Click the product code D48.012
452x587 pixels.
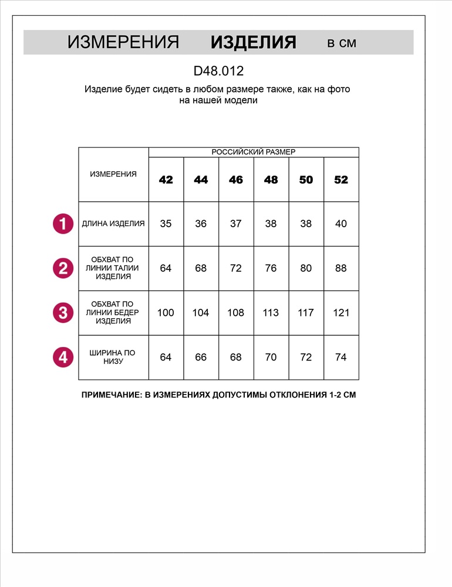point(218,71)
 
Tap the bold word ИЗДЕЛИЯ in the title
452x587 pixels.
point(253,43)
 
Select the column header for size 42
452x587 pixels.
point(166,180)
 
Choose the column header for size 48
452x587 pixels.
point(271,180)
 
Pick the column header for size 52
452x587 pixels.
point(341,180)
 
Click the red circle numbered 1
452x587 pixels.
point(63,224)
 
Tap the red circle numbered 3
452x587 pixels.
point(63,312)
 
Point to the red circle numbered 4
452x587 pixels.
point(63,357)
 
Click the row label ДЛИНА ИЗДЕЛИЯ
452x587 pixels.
point(113,224)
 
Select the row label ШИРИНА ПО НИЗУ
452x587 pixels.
point(113,357)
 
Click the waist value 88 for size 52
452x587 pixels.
point(341,268)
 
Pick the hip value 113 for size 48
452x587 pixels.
point(271,312)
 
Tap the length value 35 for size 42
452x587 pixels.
point(166,224)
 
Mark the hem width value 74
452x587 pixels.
point(341,357)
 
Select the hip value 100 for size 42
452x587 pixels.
point(166,312)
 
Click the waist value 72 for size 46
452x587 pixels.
point(236,268)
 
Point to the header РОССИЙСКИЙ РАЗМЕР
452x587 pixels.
point(254,152)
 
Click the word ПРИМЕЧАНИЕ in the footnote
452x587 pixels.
point(110,395)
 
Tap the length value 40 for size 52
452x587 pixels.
point(341,224)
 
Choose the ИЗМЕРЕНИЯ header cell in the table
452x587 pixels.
point(113,174)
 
